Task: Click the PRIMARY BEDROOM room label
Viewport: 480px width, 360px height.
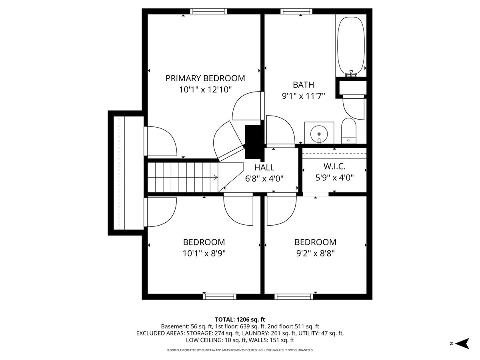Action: pos(205,78)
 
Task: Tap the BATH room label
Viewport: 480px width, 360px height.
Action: pos(303,85)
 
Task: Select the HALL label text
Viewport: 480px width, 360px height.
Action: pos(264,168)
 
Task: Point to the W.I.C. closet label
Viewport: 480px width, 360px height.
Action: pos(334,166)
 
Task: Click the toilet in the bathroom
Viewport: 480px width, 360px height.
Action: pos(349,131)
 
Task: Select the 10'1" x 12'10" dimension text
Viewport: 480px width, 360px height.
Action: pos(205,90)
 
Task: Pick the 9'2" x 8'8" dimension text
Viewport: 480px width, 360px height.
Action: pos(315,254)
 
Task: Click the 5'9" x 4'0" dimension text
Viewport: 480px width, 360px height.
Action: pos(334,178)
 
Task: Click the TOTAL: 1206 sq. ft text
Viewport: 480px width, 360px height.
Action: pos(240,319)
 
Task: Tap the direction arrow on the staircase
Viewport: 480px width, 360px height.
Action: pos(215,177)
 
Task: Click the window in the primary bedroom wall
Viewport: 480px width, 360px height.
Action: pos(208,11)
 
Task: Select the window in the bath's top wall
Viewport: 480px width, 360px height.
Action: pos(296,11)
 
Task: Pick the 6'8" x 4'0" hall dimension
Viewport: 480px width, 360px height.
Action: pos(264,179)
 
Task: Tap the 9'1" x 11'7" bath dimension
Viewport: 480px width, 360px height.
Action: pos(303,96)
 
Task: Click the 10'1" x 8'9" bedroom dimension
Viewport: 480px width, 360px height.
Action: pos(204,254)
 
